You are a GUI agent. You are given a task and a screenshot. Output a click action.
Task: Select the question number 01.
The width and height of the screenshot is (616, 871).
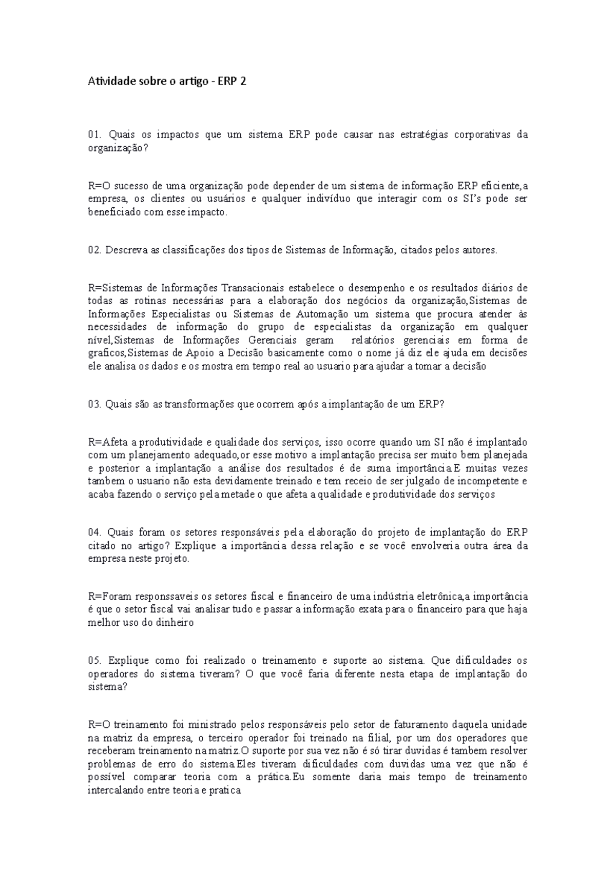94,135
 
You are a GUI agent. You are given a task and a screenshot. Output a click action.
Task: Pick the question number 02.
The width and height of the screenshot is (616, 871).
94,250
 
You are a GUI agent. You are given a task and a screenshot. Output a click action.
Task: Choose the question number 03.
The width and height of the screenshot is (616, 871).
94,404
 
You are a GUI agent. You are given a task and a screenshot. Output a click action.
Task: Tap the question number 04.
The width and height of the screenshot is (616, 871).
94,532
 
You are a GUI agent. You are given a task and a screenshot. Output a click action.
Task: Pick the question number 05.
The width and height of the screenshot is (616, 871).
94,660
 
